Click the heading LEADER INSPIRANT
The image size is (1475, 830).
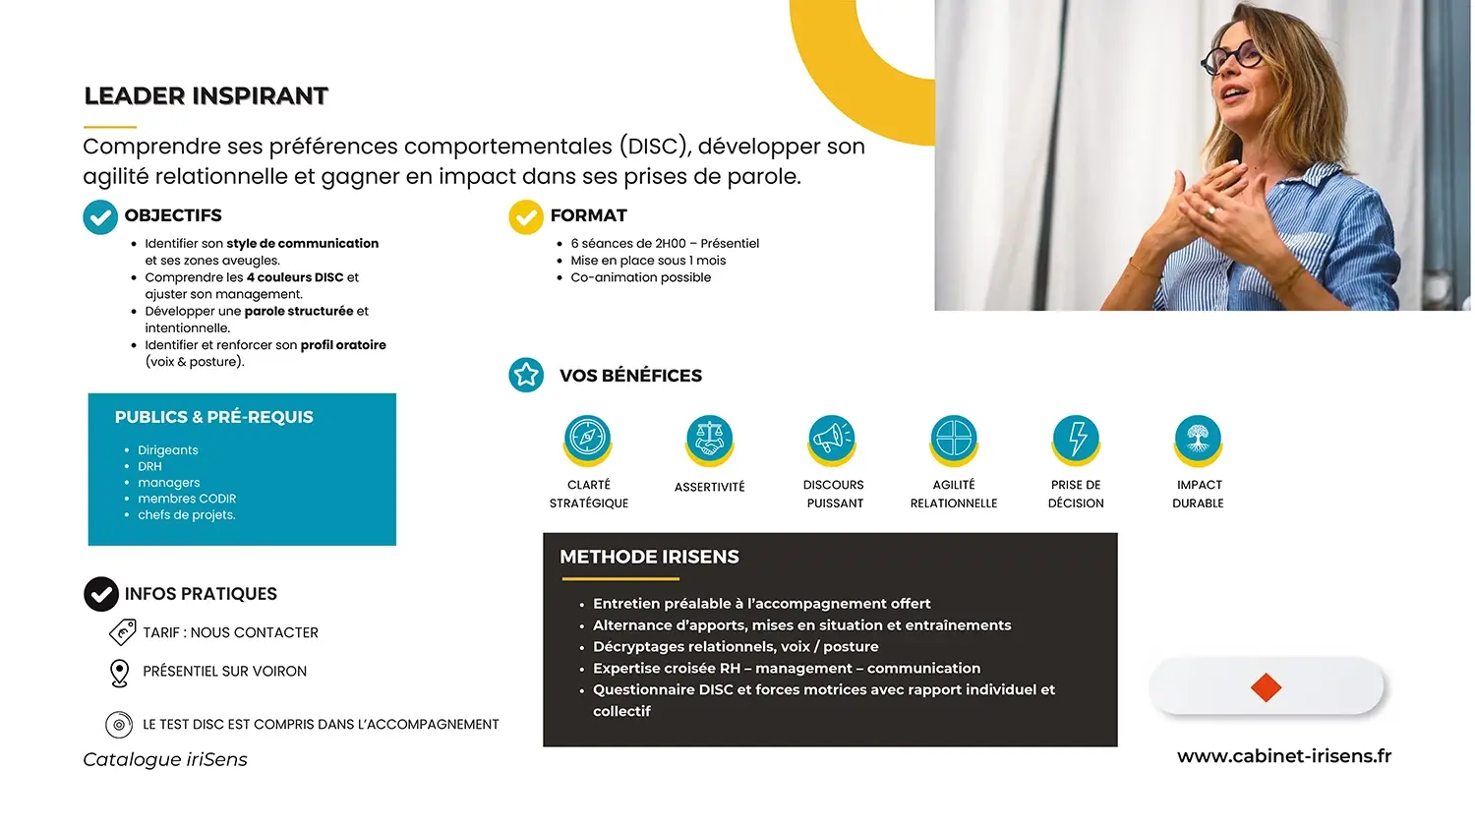coord(206,96)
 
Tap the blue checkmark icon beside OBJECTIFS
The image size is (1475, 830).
coord(100,216)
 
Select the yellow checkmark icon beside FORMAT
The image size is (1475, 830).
coord(525,216)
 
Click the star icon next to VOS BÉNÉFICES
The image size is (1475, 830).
coord(525,375)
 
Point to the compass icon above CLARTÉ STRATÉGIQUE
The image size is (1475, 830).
coord(587,437)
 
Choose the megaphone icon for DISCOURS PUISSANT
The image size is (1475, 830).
coord(832,437)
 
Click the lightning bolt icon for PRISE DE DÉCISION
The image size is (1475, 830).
coord(1076,437)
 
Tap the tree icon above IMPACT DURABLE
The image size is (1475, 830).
coord(1198,437)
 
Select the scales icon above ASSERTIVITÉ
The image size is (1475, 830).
coord(709,437)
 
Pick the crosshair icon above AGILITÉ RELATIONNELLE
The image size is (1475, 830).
coord(954,437)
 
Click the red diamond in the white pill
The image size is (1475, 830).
coord(1266,687)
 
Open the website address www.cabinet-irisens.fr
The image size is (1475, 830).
coord(1284,756)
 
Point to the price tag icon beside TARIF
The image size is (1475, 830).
coord(123,632)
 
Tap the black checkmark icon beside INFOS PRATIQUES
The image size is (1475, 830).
coord(100,594)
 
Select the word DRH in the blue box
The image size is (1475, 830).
coord(149,466)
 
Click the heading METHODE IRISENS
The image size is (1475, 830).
coord(649,558)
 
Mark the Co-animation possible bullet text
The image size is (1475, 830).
coord(641,278)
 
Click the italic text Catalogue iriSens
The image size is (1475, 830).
coord(165,759)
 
